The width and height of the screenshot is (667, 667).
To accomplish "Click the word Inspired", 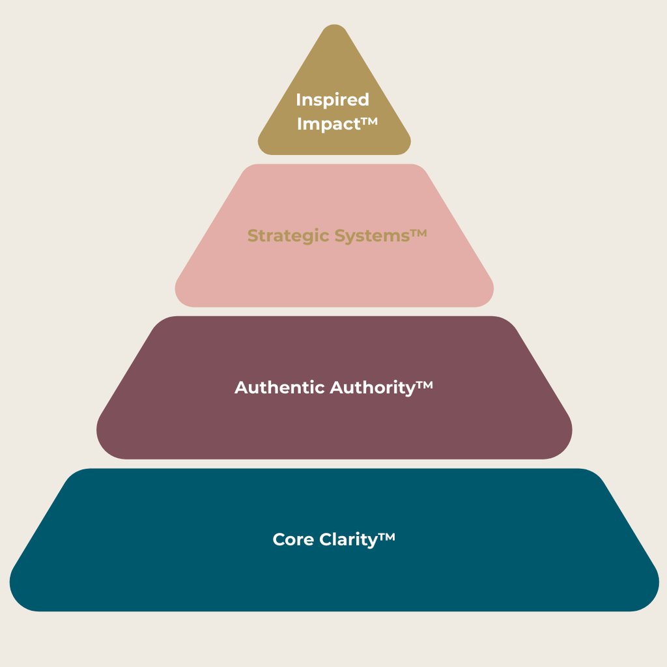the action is pos(332,100).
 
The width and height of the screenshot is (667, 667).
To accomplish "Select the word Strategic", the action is pos(288,235).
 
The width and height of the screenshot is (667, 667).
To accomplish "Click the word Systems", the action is pos(371,235).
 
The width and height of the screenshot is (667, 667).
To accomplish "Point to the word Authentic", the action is pos(280,388).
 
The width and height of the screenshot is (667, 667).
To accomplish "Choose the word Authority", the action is pos(372,388).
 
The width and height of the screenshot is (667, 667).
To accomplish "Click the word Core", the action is pos(294,539).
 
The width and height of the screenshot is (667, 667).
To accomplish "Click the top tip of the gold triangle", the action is pos(334,27).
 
